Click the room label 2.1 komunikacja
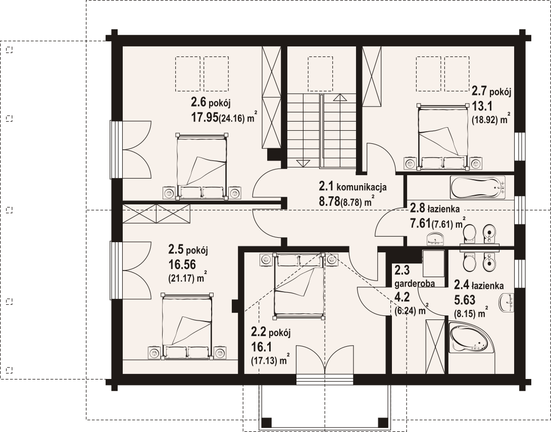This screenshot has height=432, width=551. pyautogui.click(x=353, y=187)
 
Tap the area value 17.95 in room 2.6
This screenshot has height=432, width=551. pyautogui.click(x=205, y=117)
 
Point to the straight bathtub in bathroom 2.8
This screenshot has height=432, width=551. pyautogui.click(x=478, y=187)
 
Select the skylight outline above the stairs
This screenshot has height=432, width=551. pyautogui.click(x=320, y=73)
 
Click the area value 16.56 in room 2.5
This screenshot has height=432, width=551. pyautogui.click(x=182, y=264)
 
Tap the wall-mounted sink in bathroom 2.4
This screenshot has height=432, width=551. pyautogui.click(x=507, y=302)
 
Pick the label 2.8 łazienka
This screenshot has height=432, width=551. pyautogui.click(x=435, y=209)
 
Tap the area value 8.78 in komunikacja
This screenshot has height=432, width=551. pyautogui.click(x=329, y=201)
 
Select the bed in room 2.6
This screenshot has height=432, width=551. pyautogui.click(x=202, y=167)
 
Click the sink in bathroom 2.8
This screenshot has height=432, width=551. pyautogui.click(x=436, y=239)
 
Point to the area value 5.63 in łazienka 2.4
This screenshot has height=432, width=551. pyautogui.click(x=465, y=300)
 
